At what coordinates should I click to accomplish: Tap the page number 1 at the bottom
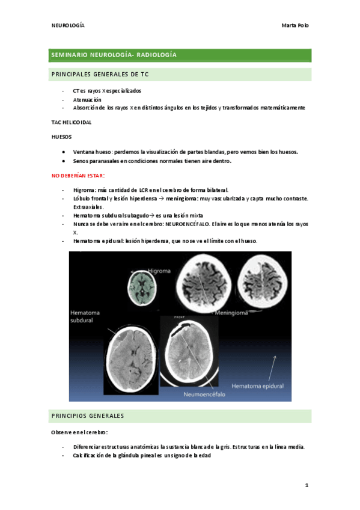[306, 485]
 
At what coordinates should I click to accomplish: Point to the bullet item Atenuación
[87, 99]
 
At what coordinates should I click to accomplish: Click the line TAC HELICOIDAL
[72, 122]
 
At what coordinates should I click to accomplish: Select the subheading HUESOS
[62, 137]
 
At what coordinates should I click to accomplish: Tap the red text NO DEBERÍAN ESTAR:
[79, 175]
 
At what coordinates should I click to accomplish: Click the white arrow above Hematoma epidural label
[273, 366]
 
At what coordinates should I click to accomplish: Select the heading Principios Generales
[88, 416]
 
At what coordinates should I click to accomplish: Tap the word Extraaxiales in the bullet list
[92, 206]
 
